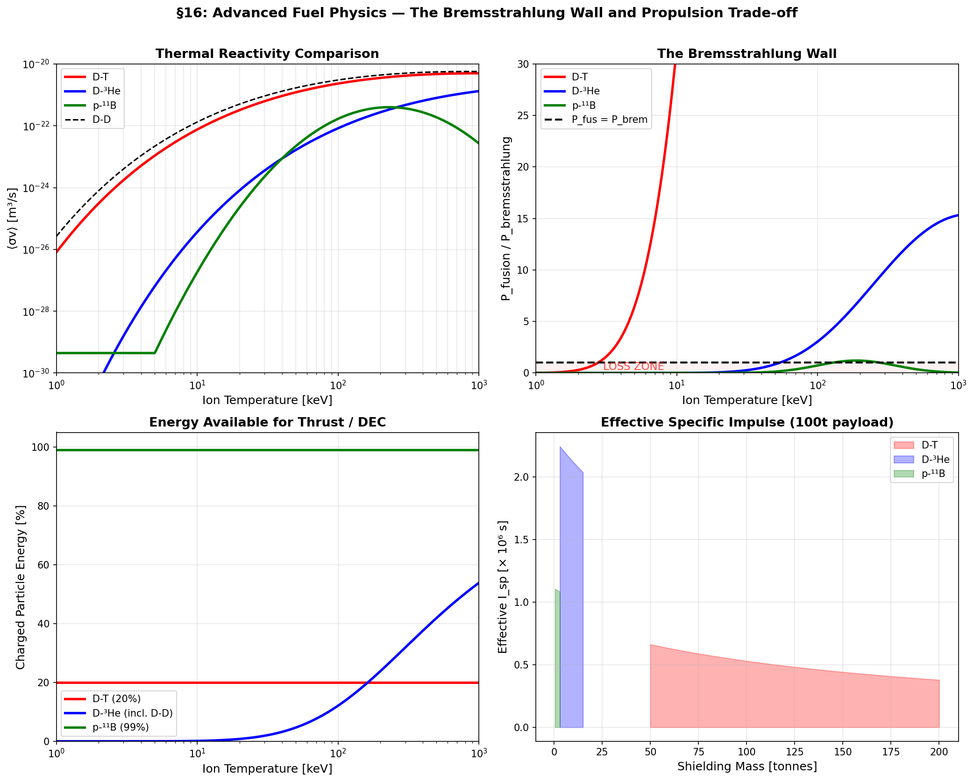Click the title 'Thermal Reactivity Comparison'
267,54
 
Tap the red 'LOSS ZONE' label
633,367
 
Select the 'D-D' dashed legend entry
101,120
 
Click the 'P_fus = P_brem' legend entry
609,120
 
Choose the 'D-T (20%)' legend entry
116,699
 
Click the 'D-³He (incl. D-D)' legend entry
132,713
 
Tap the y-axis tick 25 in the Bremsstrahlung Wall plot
523,115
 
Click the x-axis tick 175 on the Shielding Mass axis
891,752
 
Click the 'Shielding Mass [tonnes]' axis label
746,767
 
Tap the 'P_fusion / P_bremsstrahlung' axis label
506,218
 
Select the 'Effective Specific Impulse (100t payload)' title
746,422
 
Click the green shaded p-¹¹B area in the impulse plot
557,663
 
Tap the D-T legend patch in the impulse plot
903,445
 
